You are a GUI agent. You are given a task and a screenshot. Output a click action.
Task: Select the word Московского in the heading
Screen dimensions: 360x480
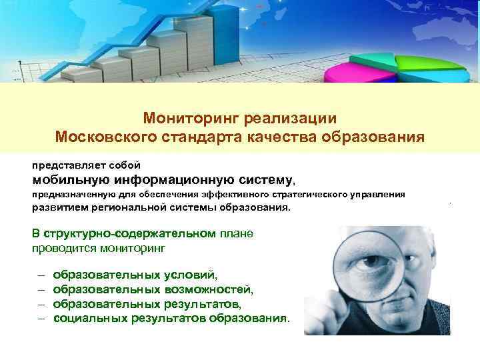(x=104, y=137)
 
